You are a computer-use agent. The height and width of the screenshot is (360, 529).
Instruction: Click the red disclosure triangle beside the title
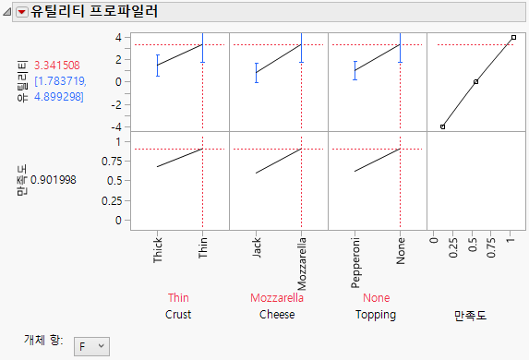tap(22, 13)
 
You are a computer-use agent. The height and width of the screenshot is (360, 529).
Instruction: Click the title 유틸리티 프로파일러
tap(94, 13)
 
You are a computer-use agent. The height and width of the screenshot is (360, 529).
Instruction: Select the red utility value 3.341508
tap(57, 66)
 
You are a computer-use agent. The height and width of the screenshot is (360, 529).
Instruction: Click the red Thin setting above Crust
tap(178, 298)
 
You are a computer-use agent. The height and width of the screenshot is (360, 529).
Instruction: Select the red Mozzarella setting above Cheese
tap(278, 298)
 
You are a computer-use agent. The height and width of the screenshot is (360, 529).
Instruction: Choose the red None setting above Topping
tap(376, 298)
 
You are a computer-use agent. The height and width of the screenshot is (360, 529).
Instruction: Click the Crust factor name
tap(179, 315)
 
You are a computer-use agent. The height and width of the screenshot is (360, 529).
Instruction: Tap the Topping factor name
tap(376, 315)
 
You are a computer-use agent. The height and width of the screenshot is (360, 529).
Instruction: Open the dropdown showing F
tap(90, 345)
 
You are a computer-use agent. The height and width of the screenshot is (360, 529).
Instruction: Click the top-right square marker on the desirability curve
tap(513, 38)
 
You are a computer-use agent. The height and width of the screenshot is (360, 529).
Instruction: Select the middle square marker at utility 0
tap(475, 82)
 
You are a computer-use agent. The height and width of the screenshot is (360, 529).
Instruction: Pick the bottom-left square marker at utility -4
tap(442, 126)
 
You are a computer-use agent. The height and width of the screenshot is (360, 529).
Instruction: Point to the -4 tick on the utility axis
tap(118, 126)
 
